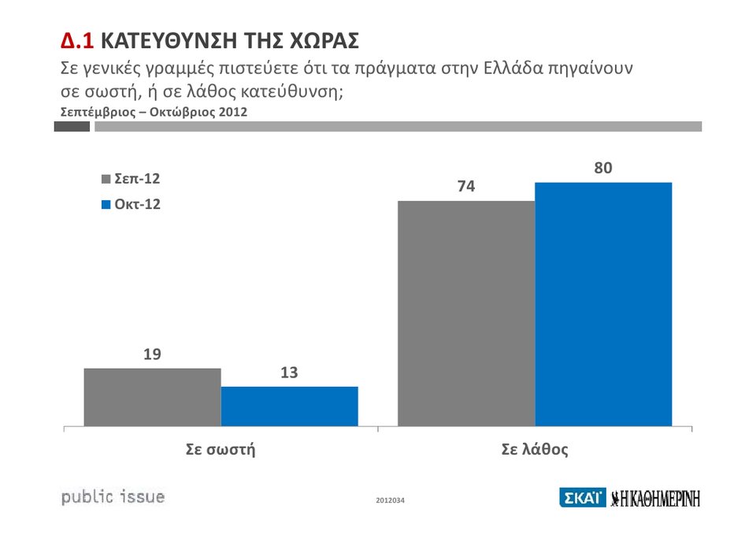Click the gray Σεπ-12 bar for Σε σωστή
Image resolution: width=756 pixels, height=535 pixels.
pyautogui.click(x=152, y=397)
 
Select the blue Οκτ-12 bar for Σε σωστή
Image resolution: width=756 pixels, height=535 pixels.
pyautogui.click(x=289, y=407)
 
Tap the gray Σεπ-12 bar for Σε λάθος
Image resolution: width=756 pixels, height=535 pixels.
pyautogui.click(x=466, y=314)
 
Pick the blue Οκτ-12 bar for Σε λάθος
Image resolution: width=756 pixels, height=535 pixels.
pyautogui.click(x=603, y=304)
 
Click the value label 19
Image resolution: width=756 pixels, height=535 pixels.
pyautogui.click(x=152, y=355)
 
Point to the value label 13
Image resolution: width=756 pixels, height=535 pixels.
pyautogui.click(x=289, y=373)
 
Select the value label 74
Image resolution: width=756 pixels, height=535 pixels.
pyautogui.click(x=466, y=187)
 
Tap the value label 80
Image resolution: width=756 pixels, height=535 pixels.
pyautogui.click(x=603, y=169)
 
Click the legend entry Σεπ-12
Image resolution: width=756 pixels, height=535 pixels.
pyautogui.click(x=132, y=179)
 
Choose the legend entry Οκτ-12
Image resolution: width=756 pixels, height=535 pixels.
pyautogui.click(x=132, y=204)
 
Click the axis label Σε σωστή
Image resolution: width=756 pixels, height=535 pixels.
pyautogui.click(x=220, y=450)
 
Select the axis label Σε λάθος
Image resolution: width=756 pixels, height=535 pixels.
pyautogui.click(x=535, y=450)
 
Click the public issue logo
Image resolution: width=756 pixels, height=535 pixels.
pyautogui.click(x=113, y=497)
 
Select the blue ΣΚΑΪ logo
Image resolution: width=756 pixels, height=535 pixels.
pyautogui.click(x=582, y=498)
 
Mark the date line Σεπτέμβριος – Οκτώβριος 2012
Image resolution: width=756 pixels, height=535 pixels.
pyautogui.click(x=154, y=112)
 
